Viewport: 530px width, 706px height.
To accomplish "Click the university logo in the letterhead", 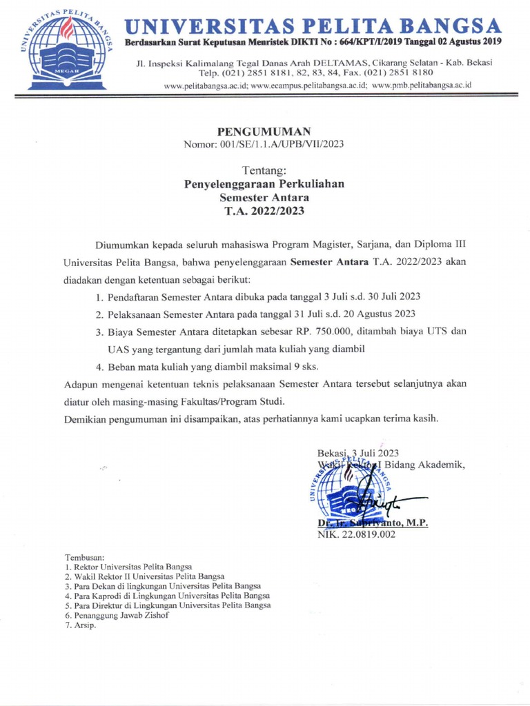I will pyautogui.click(x=67, y=49).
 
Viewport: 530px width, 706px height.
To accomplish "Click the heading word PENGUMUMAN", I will pyautogui.click(x=264, y=131).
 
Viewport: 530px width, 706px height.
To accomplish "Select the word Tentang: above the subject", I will pyautogui.click(x=264, y=170).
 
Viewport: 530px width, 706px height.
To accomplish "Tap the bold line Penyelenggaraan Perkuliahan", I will pyautogui.click(x=264, y=184).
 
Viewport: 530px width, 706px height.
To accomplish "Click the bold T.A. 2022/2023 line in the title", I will pyautogui.click(x=264, y=211).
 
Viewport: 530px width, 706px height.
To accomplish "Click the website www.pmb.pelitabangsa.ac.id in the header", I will pyautogui.click(x=422, y=85).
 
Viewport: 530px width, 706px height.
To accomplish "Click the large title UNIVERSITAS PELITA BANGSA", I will pyautogui.click(x=313, y=27).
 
